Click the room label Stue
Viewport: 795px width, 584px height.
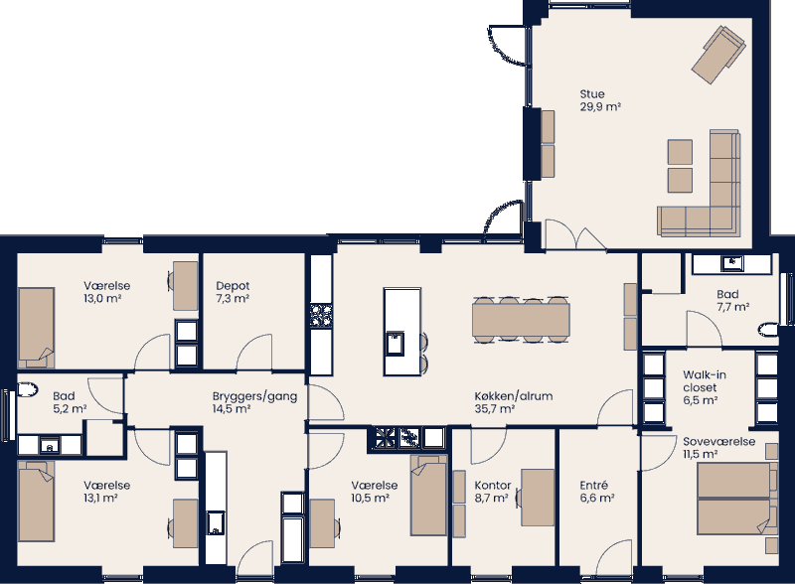(x=592, y=94)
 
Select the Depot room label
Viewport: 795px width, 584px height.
(x=232, y=286)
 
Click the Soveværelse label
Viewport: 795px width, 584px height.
(x=717, y=441)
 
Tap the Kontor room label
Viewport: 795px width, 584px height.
(x=492, y=486)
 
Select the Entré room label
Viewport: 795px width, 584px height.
(x=593, y=486)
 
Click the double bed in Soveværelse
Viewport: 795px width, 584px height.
(x=734, y=499)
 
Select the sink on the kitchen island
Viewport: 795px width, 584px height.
(x=395, y=344)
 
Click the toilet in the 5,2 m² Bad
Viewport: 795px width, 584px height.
(x=28, y=389)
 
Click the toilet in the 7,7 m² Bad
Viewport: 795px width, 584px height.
(x=768, y=330)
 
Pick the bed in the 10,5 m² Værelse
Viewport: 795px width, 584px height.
(x=429, y=496)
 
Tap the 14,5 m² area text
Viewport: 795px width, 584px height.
(x=231, y=408)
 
